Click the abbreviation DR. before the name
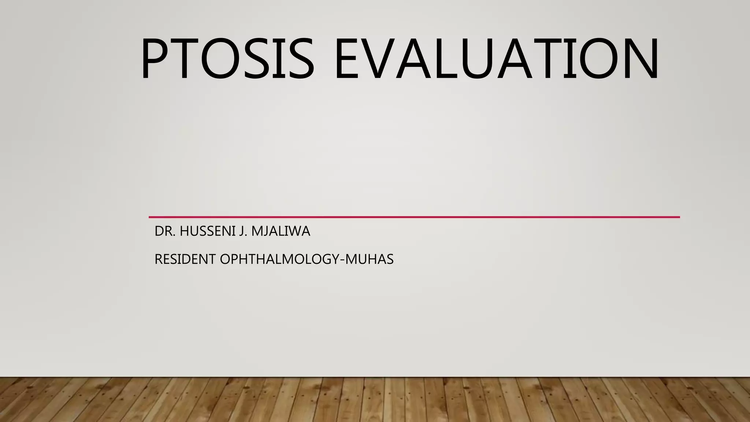(x=164, y=232)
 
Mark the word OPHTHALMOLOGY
(x=280, y=260)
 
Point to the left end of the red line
(x=150, y=217)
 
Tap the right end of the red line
(x=679, y=217)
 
